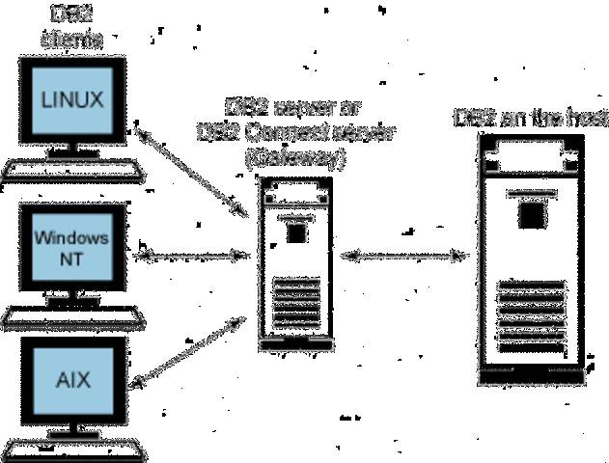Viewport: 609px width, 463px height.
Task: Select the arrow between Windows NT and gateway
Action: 193,256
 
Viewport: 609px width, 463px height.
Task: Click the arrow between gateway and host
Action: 403,256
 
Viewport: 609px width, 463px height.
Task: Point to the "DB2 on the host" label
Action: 530,119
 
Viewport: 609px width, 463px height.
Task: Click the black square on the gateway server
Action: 295,232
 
